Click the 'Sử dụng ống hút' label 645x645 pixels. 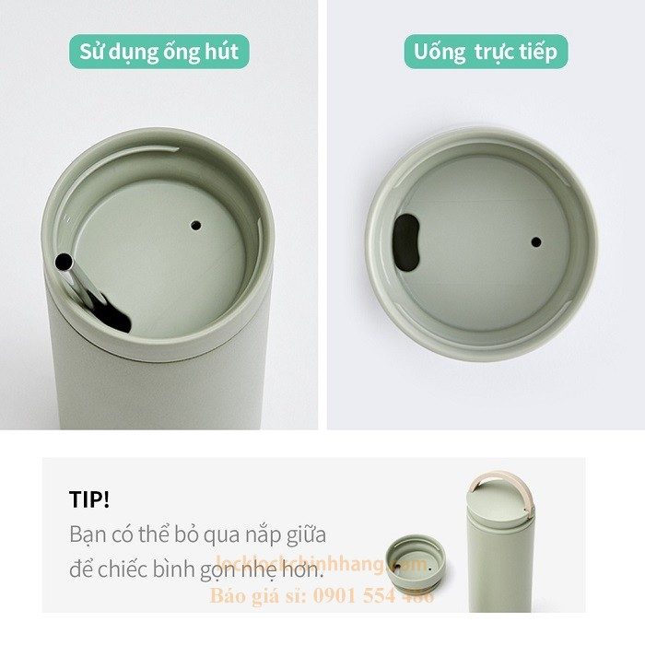[159, 52]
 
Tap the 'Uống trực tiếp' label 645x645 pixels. [486, 52]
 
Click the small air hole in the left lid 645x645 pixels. [195, 224]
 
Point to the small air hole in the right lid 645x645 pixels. [536, 241]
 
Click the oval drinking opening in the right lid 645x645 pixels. [405, 241]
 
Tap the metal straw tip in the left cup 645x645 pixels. [64, 263]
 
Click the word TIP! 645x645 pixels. [89, 500]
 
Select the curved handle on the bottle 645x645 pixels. [504, 494]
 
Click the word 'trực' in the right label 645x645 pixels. [499, 52]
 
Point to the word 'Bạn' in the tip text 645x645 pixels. [87, 534]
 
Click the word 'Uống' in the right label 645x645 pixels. [440, 52]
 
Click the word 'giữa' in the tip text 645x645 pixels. [301, 534]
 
